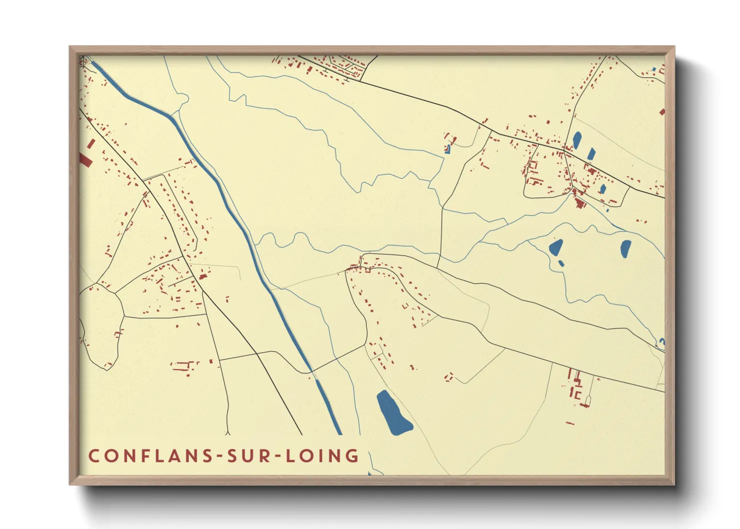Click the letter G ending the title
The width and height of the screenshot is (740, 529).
click(x=353, y=455)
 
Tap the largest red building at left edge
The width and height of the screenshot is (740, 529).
click(x=85, y=159)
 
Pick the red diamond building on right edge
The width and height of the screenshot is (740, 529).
click(x=662, y=112)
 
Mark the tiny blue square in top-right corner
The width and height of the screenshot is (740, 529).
click(x=653, y=69)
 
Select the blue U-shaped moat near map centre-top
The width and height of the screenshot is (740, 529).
click(x=448, y=149)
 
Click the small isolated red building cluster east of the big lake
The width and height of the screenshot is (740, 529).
click(x=448, y=376)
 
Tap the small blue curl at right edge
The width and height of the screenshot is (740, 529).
click(x=661, y=342)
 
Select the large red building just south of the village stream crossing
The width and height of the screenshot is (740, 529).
click(x=580, y=203)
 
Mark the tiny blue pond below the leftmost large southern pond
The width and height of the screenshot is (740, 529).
click(x=561, y=263)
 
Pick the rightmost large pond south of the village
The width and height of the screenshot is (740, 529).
click(x=625, y=248)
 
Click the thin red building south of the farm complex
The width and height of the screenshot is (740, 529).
click(x=569, y=423)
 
